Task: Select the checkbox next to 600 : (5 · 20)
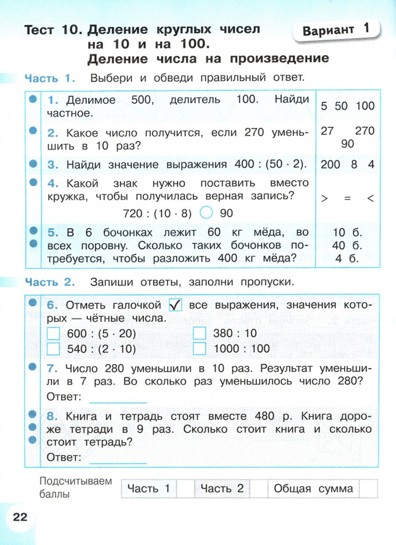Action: pos(53,334)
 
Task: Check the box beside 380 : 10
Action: pos(200,334)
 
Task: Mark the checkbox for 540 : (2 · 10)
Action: pos(53,349)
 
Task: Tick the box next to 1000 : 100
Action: pos(200,349)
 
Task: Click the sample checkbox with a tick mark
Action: pos(175,305)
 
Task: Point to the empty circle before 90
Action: pos(206,213)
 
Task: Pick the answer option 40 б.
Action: pos(348,246)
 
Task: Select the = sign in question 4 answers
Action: pos(347,199)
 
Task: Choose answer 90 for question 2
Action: pos(348,144)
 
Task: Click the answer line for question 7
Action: pos(118,399)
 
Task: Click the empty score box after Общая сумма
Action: pos(369,488)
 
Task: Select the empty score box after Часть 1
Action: pos(186,488)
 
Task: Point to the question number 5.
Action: pos(52,233)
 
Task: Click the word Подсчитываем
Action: pos(76,481)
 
